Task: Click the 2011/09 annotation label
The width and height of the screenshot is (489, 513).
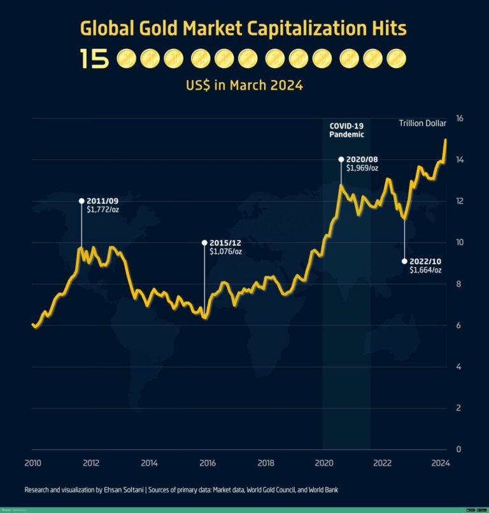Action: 101,200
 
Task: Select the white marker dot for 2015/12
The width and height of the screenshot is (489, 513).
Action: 204,242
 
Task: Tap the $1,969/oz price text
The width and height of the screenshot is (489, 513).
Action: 362,169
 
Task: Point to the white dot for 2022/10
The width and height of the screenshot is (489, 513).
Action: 405,261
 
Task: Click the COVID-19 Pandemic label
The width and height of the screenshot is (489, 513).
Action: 346,130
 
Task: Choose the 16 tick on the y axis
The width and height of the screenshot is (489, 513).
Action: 459,118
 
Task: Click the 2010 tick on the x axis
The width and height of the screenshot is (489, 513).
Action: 32,463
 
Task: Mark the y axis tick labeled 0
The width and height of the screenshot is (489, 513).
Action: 458,449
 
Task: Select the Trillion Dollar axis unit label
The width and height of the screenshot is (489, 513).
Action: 422,123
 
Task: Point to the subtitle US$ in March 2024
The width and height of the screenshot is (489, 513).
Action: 244,85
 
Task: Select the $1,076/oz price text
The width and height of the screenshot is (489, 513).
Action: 225,251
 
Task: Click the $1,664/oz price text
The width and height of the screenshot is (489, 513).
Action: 425,270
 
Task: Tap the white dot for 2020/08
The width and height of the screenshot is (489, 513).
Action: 341,159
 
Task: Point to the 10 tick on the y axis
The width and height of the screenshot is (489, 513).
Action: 459,242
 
